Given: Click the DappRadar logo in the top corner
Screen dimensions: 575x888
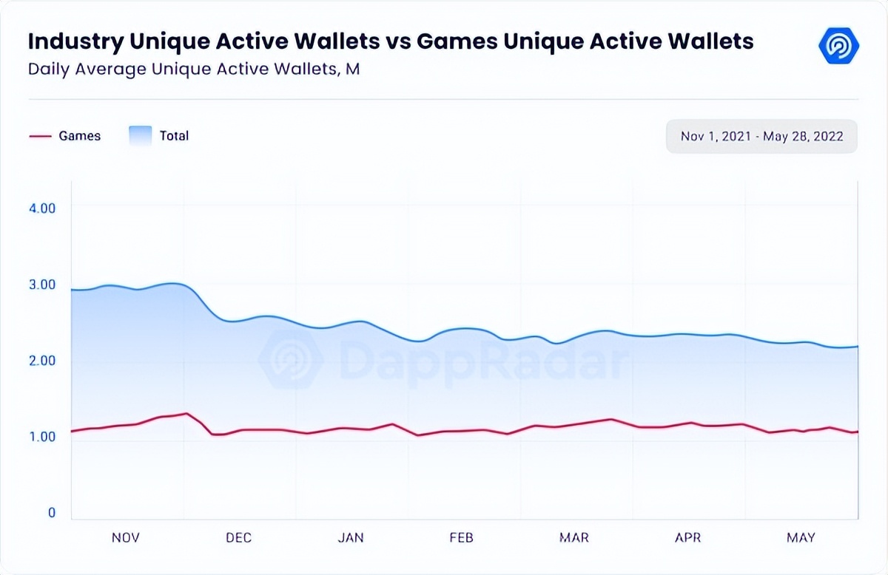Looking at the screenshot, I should point(838,45).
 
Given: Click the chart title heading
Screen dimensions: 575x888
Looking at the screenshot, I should point(391,41).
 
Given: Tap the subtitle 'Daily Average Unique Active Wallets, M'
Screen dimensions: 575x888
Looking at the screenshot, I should point(194,69).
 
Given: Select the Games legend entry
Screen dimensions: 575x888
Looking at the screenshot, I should point(65,136).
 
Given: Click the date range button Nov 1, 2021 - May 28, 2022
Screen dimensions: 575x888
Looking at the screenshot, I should point(761,137).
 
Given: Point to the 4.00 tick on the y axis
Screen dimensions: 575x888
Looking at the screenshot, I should point(42,208).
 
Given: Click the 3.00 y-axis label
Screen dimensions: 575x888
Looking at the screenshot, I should point(42,285).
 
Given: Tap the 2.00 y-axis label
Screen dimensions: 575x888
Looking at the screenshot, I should point(42,361).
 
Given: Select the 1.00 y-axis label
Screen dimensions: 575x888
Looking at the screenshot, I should point(42,437).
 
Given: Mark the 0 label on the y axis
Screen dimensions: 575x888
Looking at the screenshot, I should point(52,513).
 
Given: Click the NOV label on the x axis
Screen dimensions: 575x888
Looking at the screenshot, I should point(126,537).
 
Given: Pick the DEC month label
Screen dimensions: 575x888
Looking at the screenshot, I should point(238,537).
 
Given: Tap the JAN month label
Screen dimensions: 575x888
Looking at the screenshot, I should point(351,537).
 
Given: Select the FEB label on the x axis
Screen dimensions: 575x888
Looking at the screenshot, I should point(461,537).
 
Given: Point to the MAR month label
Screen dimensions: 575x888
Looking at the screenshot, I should point(574,537).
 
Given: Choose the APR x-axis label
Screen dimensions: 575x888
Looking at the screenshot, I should point(687,537).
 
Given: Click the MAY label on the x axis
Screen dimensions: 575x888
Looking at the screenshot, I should point(801,537).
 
